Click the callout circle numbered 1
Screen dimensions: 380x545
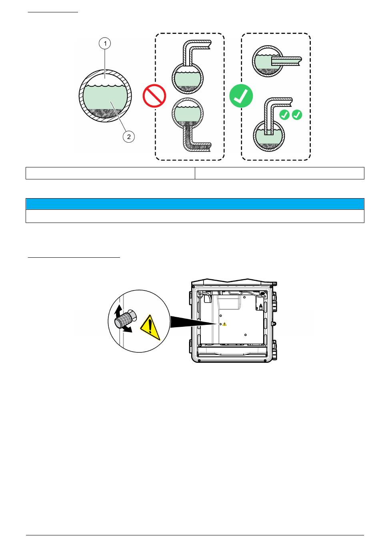coord(105,43)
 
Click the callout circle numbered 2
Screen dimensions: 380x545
coord(128,137)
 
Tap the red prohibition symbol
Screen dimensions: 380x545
coord(154,96)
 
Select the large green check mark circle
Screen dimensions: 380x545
coord(241,96)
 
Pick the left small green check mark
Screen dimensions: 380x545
coord(284,115)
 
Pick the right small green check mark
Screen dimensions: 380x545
coord(297,115)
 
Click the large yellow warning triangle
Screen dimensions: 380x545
coord(150,327)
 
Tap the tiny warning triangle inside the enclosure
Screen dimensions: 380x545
coord(224,324)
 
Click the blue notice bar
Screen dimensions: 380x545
coord(195,204)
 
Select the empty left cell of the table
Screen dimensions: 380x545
coord(110,173)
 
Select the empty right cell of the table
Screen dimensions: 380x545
coord(279,173)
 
